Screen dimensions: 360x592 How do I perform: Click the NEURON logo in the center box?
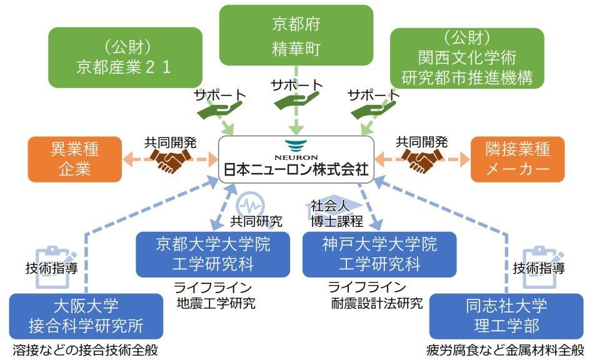click(x=296, y=149)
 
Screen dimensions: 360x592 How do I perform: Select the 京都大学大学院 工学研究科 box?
click(x=213, y=254)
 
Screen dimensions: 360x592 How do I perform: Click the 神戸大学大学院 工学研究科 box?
click(x=379, y=254)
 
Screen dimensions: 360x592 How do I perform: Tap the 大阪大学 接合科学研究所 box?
click(x=86, y=317)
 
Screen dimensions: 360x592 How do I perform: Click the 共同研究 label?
click(x=256, y=221)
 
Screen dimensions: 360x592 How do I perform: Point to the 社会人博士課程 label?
click(x=336, y=212)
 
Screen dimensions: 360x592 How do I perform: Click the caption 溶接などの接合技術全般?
click(x=84, y=351)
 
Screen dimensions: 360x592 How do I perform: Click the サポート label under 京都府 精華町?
click(x=296, y=85)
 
